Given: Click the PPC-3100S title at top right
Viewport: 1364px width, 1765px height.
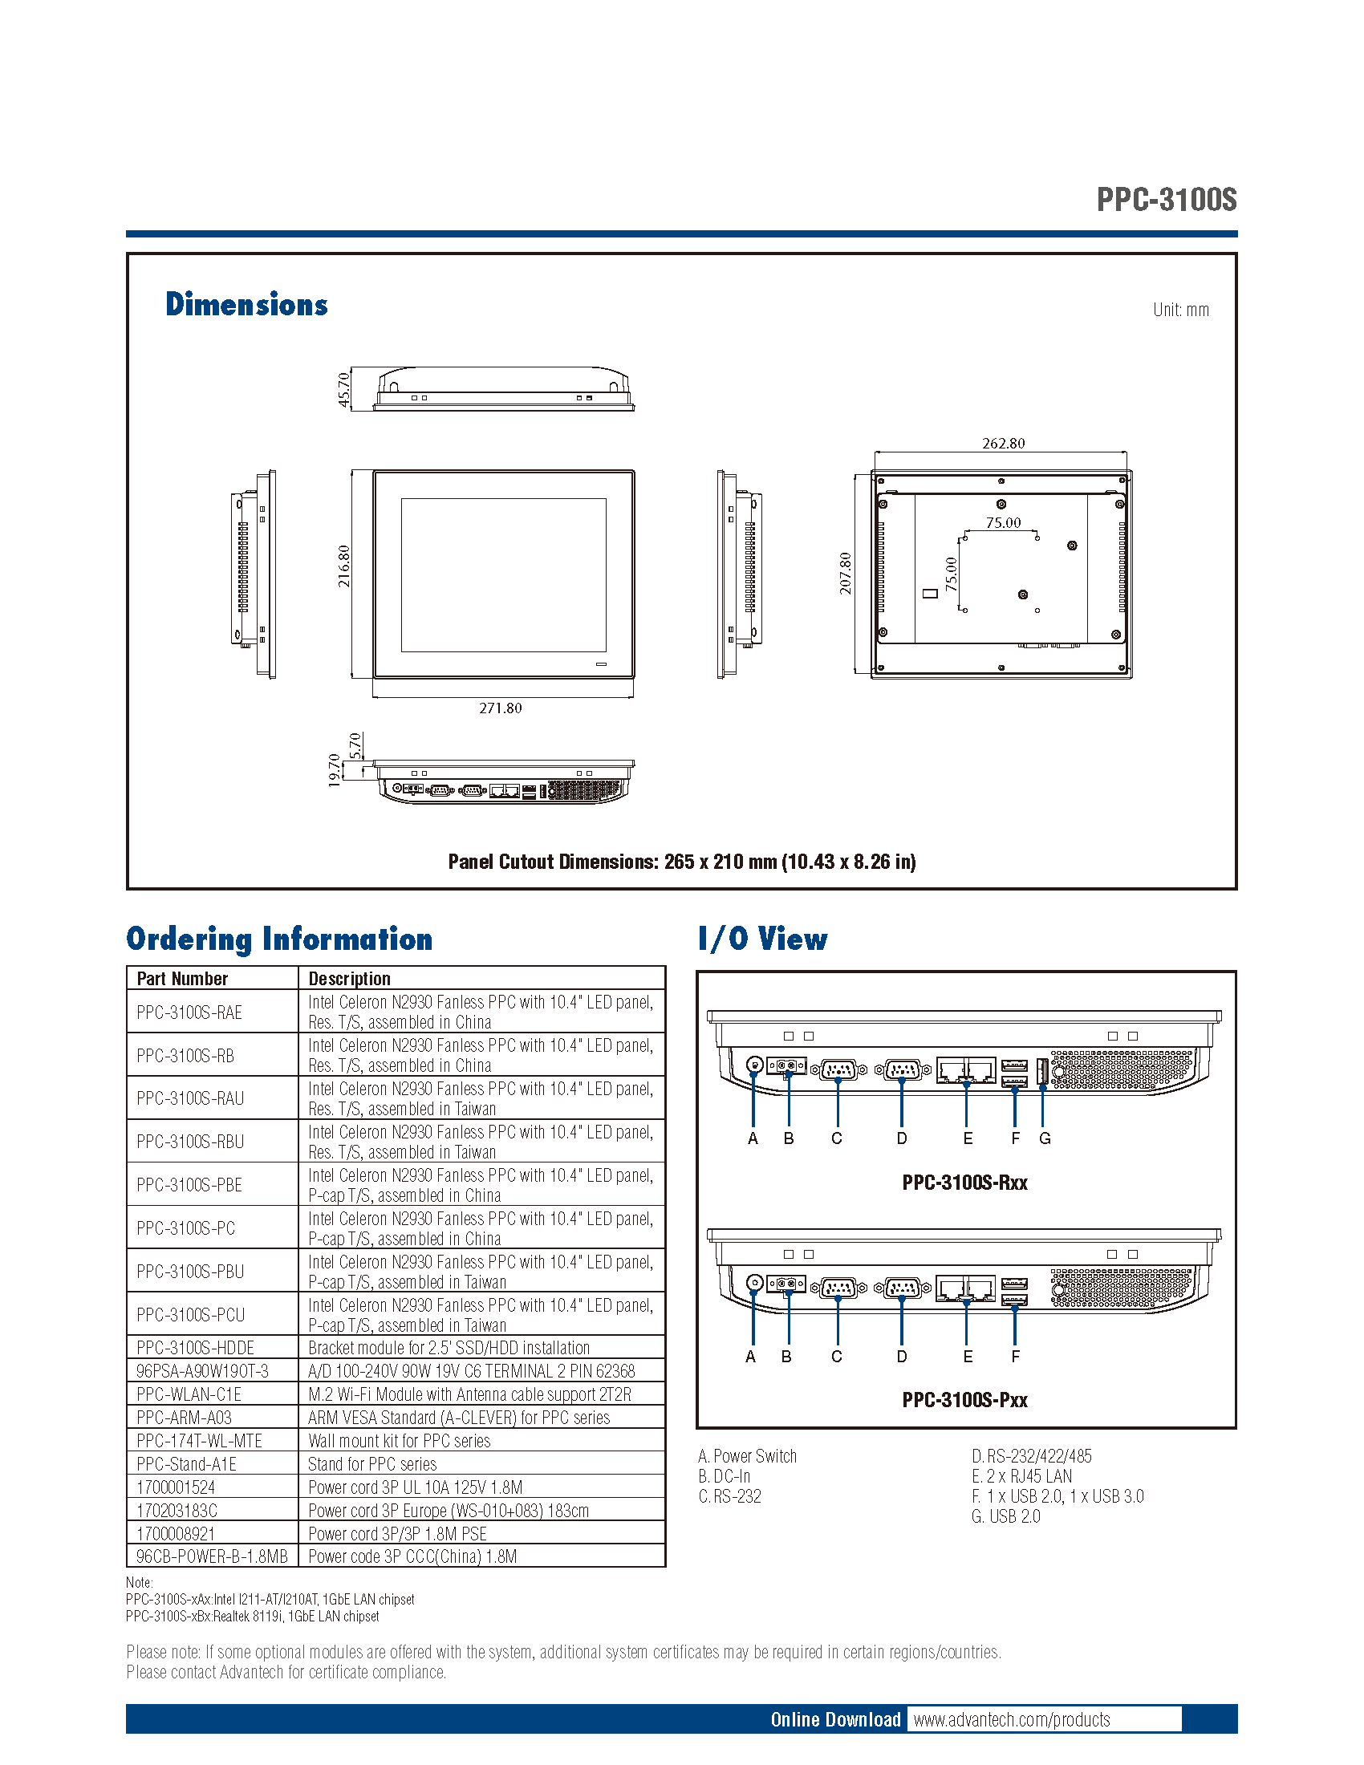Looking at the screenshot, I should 1165,200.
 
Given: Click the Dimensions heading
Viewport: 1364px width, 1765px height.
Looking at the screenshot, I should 246,305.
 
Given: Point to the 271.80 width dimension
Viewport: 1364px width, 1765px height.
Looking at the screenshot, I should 500,708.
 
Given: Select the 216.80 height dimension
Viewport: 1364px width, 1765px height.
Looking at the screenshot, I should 344,566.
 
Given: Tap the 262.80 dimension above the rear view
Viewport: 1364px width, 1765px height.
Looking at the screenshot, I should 1003,443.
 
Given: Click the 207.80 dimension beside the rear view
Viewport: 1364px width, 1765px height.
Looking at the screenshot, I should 845,573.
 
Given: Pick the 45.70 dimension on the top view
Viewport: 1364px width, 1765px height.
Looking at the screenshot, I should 344,389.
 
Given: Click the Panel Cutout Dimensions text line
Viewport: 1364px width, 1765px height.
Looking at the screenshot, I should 681,862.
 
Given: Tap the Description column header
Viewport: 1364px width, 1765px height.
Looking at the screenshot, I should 349,979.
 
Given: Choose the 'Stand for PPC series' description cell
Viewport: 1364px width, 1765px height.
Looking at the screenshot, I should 371,1463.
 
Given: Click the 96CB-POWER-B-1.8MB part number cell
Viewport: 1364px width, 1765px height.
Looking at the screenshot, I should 212,1556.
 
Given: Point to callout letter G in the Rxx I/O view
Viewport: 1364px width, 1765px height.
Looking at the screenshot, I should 1045,1138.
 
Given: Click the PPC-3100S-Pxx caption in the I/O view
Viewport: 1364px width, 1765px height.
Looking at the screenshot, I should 964,1400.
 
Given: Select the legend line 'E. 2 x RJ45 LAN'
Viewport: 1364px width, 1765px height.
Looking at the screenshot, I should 1021,1475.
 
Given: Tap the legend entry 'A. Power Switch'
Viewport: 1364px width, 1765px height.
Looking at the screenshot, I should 748,1455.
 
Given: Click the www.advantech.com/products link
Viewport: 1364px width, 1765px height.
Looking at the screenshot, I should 1012,1719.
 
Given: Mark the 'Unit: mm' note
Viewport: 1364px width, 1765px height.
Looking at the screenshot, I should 1180,310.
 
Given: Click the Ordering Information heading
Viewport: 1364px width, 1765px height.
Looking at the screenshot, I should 278,939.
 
